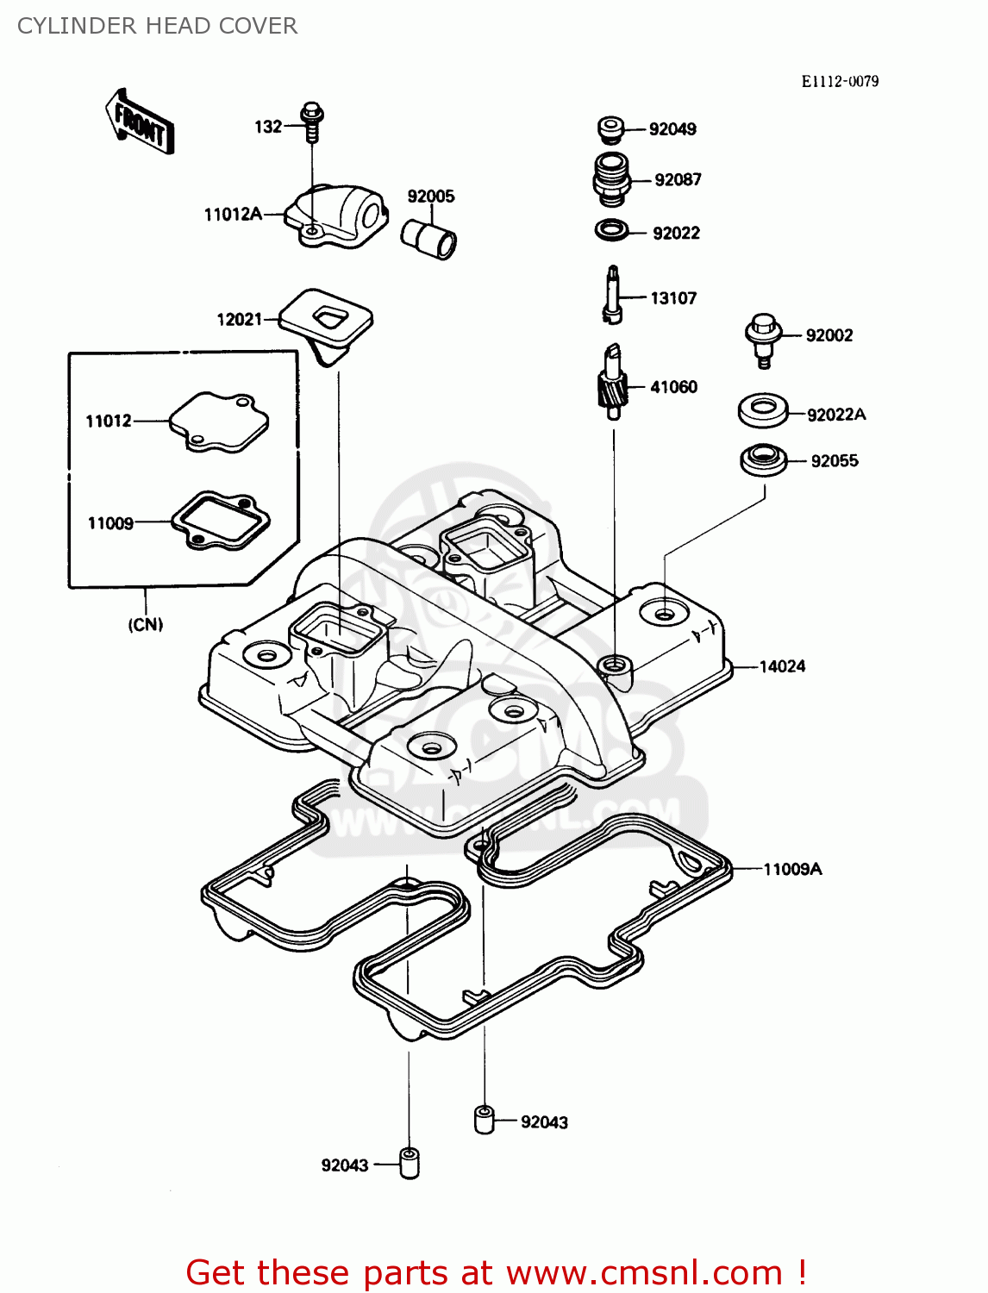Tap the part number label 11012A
pos(233,215)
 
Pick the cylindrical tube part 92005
pos(428,235)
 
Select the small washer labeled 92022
pos(611,231)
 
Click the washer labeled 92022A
pos(763,410)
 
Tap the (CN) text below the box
pos(146,624)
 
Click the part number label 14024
pos(782,666)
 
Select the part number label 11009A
pos(792,869)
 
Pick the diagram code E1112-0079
pos(840,82)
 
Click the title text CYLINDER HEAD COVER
pos(158,26)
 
